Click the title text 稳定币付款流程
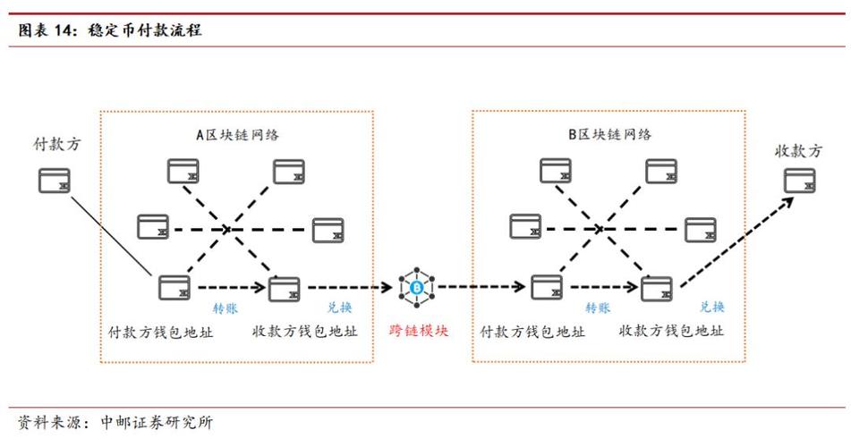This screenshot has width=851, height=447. (x=144, y=30)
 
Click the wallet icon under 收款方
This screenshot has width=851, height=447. (x=800, y=181)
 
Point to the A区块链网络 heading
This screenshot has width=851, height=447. (x=238, y=136)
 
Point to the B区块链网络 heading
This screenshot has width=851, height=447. (x=609, y=135)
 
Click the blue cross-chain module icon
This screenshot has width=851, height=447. (x=416, y=287)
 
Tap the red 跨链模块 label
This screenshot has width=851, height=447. (x=419, y=330)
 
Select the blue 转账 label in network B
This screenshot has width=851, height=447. (x=598, y=308)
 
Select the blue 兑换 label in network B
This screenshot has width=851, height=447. (x=712, y=307)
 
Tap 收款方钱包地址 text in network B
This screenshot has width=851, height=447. (x=671, y=331)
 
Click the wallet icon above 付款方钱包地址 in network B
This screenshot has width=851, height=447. (x=546, y=287)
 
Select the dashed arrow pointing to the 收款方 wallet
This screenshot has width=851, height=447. (x=734, y=241)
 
